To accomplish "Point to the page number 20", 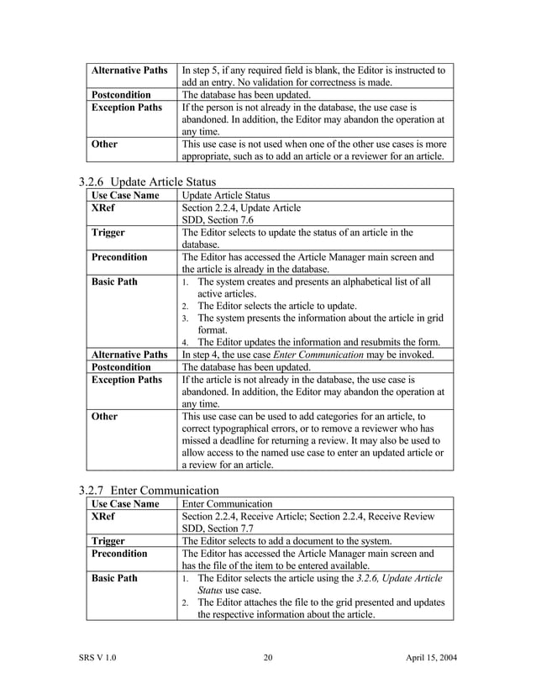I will click(268, 657).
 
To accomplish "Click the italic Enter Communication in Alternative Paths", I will click(344, 355).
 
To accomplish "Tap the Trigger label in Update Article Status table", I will click(110, 233).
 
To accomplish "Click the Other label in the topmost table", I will click(105, 144).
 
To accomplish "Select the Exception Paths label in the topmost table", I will click(127, 108).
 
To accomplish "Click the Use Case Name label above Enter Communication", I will click(124, 503).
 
